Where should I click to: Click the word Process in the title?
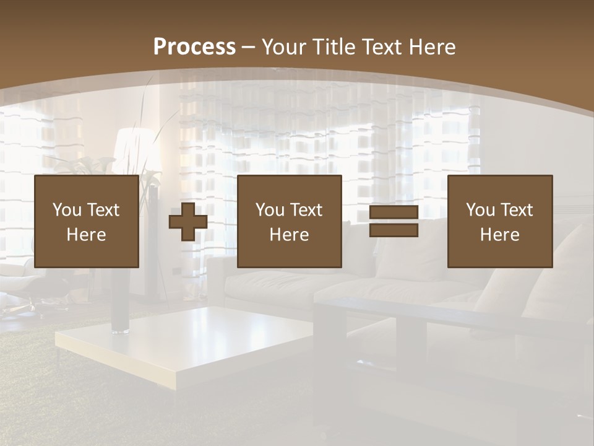pos(194,47)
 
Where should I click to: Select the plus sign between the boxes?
pos(188,221)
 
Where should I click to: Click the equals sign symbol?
pos(394,221)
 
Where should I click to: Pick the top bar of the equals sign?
pos(394,212)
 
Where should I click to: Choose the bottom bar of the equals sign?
pos(394,230)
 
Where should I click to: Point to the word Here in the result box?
pos(500,235)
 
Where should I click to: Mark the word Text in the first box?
pos(103,210)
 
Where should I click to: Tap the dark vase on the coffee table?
pos(120,310)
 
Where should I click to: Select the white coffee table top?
pos(186,341)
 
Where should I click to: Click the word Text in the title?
pos(380,47)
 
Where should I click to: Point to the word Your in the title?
pos(283,47)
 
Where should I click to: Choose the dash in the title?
pos(249,47)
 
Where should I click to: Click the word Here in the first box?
pos(87,235)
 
